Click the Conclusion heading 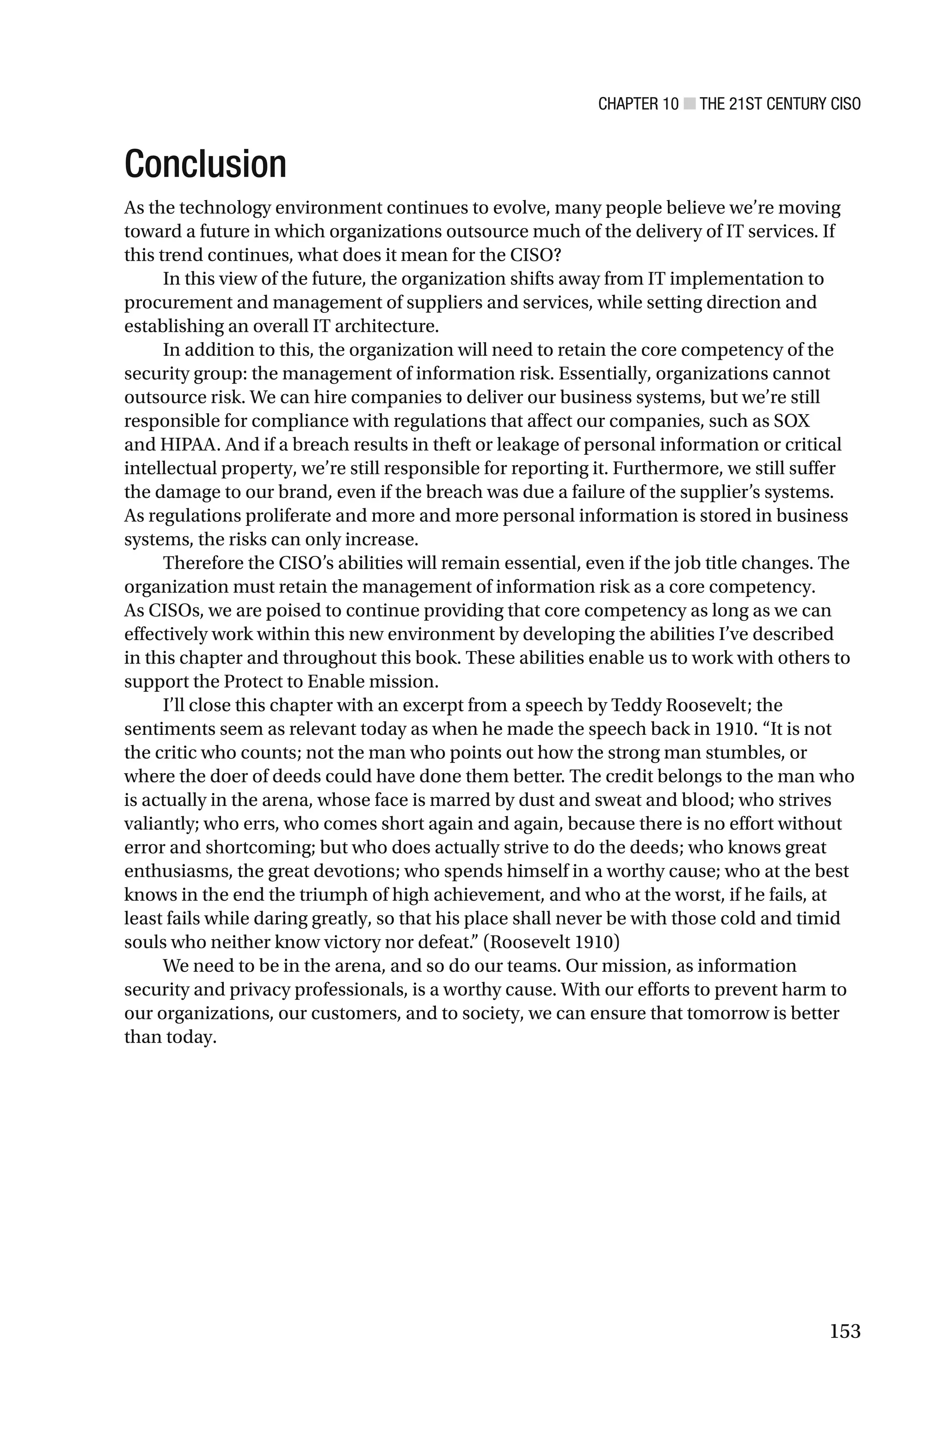point(205,164)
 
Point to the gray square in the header point(689,104)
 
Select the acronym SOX point(791,421)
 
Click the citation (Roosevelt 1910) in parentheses point(551,942)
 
